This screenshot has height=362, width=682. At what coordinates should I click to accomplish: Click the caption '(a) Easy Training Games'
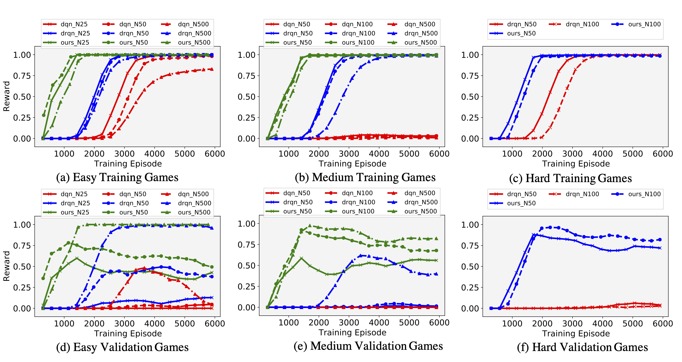tap(117, 177)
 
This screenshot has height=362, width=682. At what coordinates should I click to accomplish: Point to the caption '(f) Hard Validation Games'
tap(582, 347)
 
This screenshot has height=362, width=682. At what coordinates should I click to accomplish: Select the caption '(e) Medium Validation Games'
tap(368, 346)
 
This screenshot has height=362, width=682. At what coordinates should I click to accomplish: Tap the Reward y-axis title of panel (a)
tap(6, 96)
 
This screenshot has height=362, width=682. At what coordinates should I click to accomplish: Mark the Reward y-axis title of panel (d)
tap(6, 266)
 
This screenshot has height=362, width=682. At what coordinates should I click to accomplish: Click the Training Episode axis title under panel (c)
tap(576, 164)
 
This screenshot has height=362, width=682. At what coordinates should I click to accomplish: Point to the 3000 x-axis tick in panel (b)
tap(349, 154)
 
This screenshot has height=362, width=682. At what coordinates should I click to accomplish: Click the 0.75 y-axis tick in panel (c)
tap(470, 76)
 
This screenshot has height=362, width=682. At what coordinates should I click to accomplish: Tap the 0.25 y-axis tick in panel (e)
tap(246, 287)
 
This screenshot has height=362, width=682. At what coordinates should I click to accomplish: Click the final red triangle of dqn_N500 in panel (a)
tap(212, 69)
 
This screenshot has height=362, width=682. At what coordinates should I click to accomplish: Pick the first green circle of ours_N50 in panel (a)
tap(44, 115)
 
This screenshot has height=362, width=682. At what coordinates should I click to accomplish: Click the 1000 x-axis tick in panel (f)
tap(512, 324)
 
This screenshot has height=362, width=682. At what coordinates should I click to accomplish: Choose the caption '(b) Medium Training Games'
tap(365, 177)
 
